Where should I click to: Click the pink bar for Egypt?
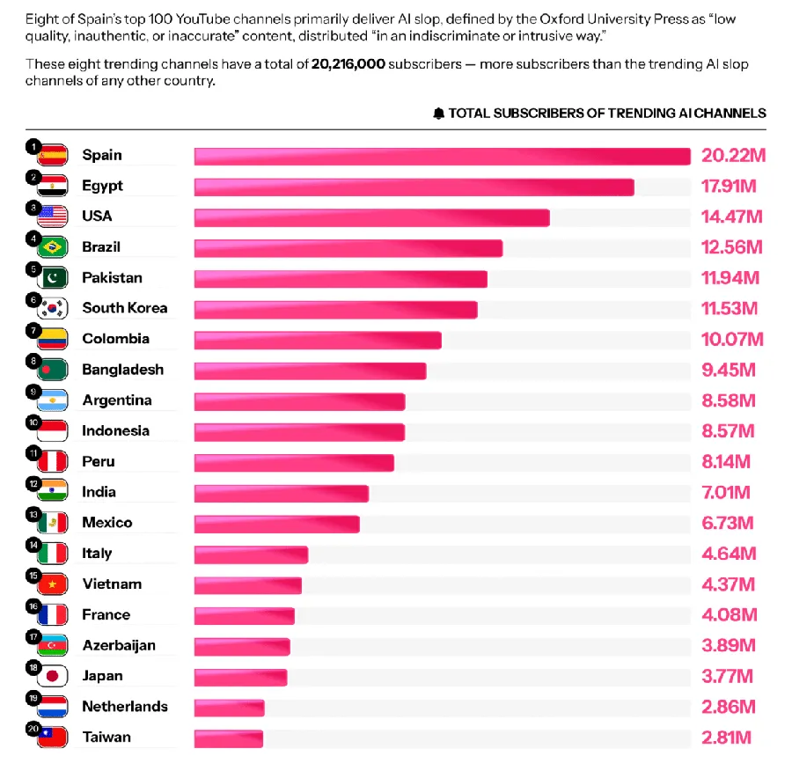[x=414, y=187]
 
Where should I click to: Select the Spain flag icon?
[x=53, y=156]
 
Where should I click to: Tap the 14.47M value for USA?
[x=731, y=217]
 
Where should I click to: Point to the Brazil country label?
[x=101, y=247]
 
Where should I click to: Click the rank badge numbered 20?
[x=33, y=730]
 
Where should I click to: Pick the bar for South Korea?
[x=335, y=309]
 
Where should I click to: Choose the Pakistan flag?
[x=53, y=278]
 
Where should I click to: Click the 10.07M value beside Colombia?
[x=732, y=340]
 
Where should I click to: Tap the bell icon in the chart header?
[x=438, y=114]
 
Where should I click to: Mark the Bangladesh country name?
[x=122, y=370]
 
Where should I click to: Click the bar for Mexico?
[x=276, y=524]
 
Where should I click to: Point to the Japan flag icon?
[x=53, y=677]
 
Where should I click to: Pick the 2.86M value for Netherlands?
[x=729, y=707]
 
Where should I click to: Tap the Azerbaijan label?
[x=119, y=645]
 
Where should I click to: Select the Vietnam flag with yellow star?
[x=53, y=584]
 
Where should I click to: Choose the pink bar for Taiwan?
[x=228, y=738]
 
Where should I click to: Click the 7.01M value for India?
[x=727, y=492]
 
